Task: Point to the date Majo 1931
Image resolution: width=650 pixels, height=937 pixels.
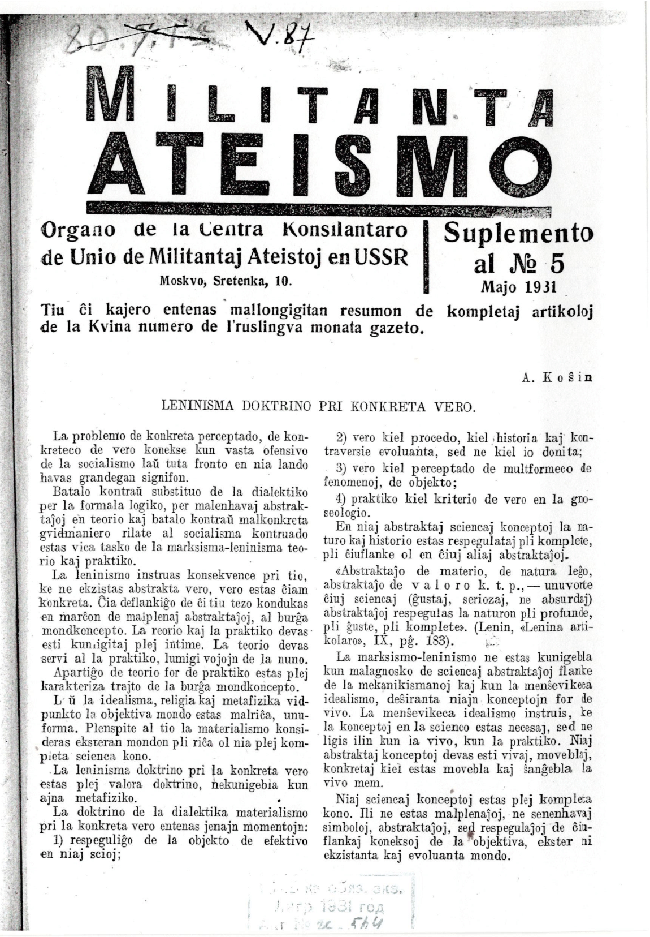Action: [518, 286]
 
